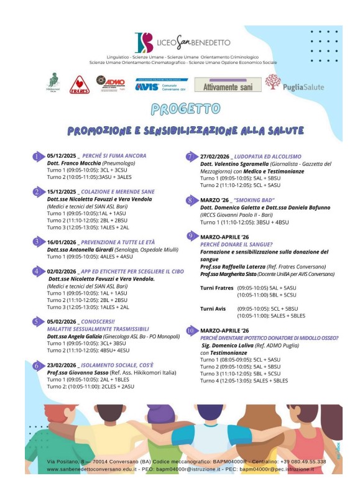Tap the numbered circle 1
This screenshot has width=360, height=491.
coord(38,156)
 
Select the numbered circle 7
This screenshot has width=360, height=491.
coord(191,156)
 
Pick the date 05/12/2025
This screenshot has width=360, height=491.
coord(62,155)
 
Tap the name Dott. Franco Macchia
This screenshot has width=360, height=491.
coord(77,162)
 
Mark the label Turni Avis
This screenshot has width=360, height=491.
coord(214,308)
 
